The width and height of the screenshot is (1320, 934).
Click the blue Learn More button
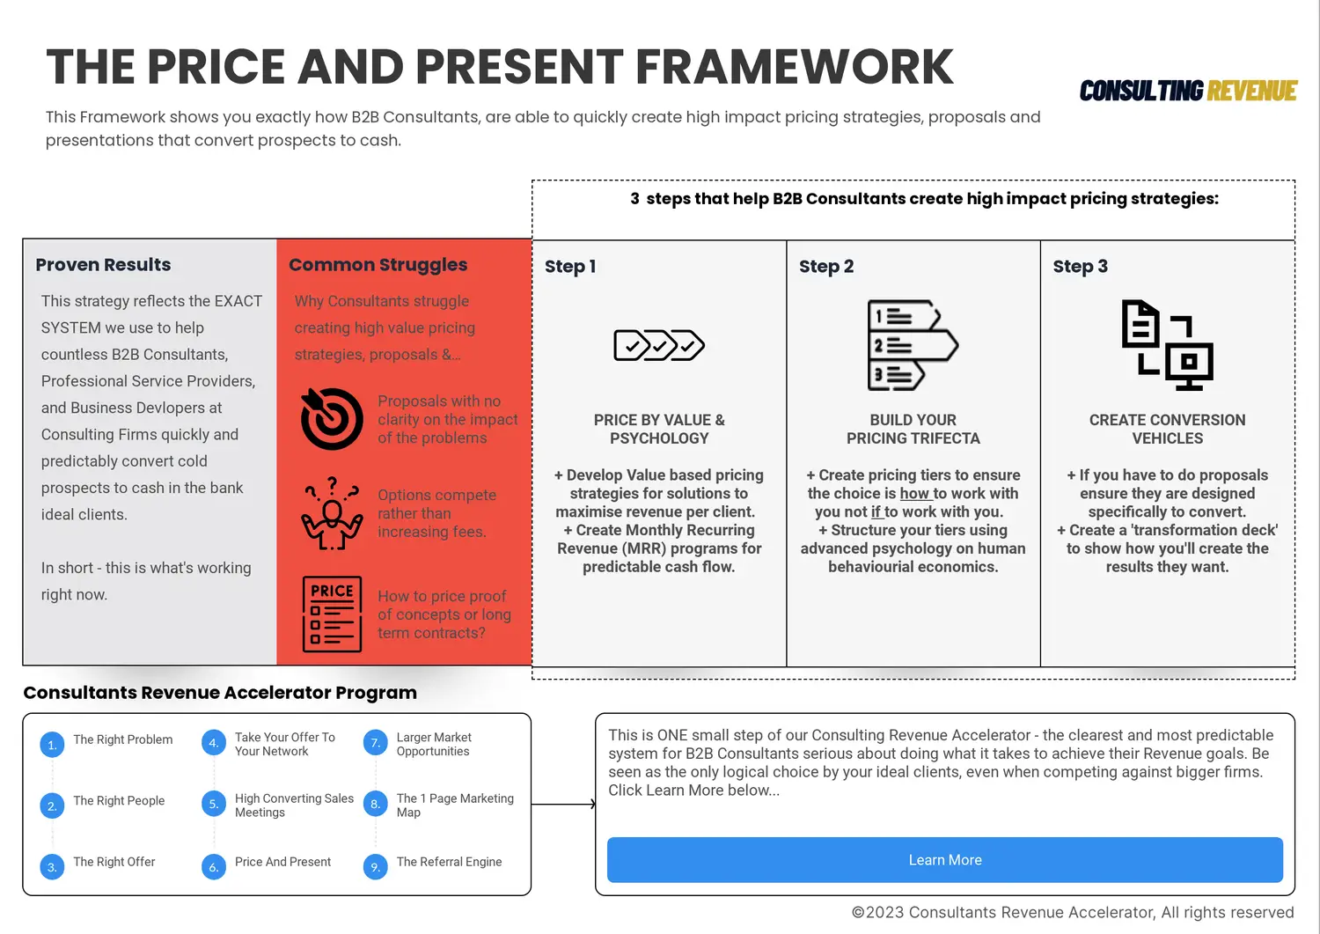click(944, 860)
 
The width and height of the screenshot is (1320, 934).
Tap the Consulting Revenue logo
click(1188, 91)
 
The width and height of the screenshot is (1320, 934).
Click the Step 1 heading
click(570, 267)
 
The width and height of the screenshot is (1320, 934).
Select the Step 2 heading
click(826, 267)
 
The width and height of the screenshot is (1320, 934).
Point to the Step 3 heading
click(1080, 267)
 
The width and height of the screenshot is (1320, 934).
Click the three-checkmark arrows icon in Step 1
click(659, 345)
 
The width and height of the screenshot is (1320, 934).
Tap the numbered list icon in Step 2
click(913, 345)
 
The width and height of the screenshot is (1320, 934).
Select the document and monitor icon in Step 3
click(1168, 345)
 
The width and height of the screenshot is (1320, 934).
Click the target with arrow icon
click(332, 419)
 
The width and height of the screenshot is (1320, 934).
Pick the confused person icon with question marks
click(332, 513)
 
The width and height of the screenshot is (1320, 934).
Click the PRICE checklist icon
click(332, 614)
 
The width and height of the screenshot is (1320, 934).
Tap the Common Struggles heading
click(378, 265)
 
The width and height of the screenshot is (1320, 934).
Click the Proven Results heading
click(103, 265)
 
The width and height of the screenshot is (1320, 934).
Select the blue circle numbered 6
click(214, 867)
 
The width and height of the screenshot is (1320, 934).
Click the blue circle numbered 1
click(53, 745)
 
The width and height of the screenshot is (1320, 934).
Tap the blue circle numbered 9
click(376, 867)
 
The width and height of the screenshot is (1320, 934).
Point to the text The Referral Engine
click(449, 862)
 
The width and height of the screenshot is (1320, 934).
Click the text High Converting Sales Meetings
click(294, 805)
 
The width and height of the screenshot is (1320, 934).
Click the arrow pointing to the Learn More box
click(563, 805)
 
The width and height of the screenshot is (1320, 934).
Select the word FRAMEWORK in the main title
click(794, 67)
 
